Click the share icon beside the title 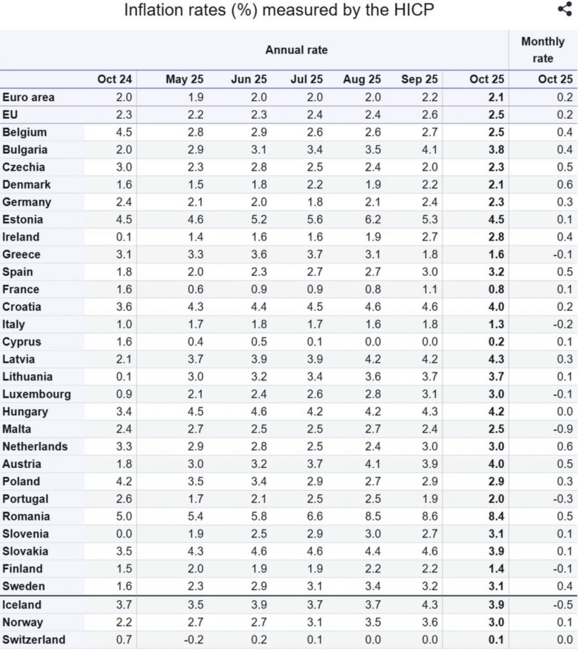point(564,10)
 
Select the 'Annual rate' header point(296,50)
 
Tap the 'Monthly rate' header point(543,50)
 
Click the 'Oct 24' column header point(114,79)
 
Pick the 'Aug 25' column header point(362,79)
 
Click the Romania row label point(26,516)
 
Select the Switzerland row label point(33,640)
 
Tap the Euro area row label point(28,97)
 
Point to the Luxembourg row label point(36,394)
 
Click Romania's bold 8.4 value point(496,516)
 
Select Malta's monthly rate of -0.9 point(563,429)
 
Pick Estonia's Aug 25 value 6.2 point(373,219)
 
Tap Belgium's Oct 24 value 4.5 point(123,132)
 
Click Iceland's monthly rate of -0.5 point(563,605)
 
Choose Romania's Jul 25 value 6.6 point(314,516)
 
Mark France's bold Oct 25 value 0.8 point(496,290)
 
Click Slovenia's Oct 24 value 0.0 point(123,534)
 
